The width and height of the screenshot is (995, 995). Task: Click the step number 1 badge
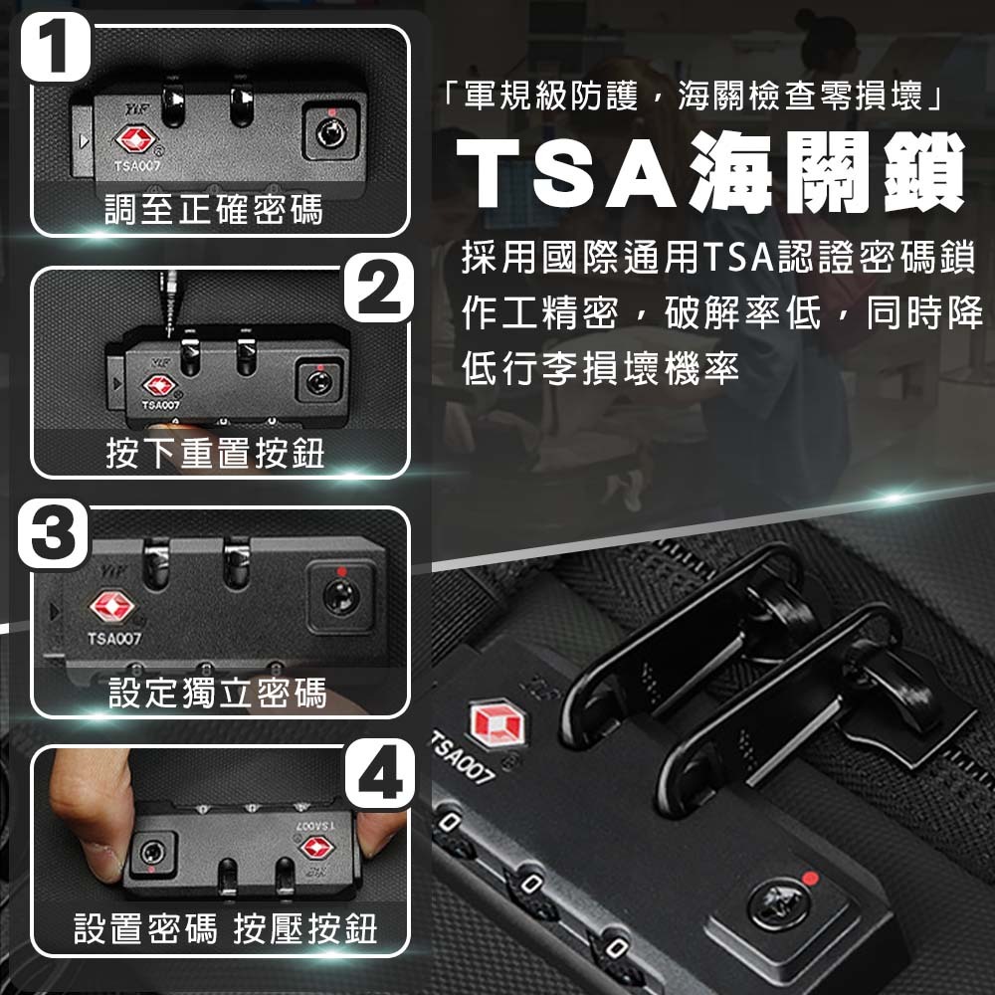point(55,48)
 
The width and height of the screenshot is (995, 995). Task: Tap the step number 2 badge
point(379,288)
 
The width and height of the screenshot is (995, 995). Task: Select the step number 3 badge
point(54,533)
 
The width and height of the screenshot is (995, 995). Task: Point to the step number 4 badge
point(379,773)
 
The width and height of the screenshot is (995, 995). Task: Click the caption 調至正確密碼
point(214,210)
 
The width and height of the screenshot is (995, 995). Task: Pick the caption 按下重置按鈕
point(215,453)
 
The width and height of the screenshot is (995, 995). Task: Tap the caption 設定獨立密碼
point(218,693)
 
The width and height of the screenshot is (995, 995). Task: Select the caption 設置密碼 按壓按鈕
point(225,929)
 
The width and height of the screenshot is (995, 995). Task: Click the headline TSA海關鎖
point(710,172)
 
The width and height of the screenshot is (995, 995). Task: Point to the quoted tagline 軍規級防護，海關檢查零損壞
point(693,97)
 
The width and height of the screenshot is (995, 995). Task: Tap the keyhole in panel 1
point(331,134)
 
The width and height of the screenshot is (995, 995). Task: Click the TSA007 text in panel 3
point(114,639)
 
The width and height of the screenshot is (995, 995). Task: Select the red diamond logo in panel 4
point(316,847)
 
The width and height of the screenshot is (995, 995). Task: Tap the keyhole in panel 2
point(319,383)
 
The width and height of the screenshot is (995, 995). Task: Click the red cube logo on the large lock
point(497,722)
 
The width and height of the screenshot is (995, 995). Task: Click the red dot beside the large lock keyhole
point(810,879)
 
